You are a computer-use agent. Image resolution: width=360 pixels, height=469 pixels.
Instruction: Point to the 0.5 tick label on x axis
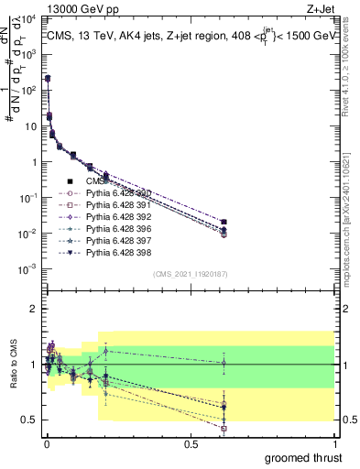pos(191,444)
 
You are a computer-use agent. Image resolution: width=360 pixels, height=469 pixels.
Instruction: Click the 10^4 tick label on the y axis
pos(27,19)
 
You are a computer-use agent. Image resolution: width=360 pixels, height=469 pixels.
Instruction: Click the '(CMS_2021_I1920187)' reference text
pos(190,274)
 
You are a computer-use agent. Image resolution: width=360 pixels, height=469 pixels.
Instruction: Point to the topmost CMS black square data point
pos(47,79)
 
